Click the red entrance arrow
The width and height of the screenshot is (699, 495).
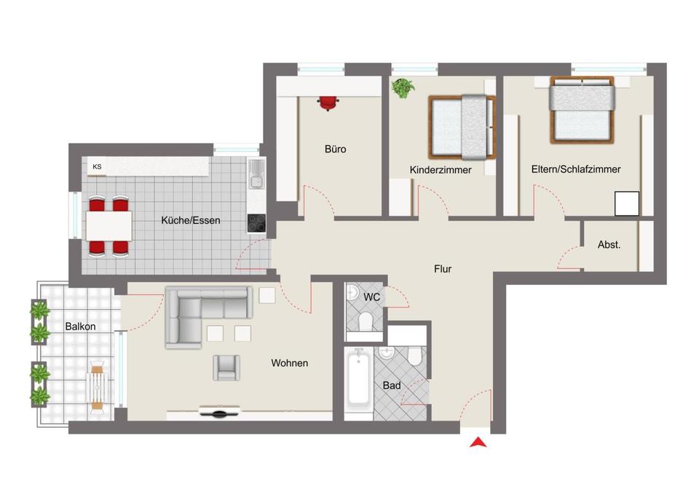478,443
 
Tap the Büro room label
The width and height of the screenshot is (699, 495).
335,149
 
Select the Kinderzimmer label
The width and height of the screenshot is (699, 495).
441,170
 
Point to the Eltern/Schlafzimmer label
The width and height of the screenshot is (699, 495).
576,169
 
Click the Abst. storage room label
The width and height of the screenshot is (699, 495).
609,245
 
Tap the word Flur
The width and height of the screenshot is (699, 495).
443,269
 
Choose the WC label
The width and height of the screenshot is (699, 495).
372,297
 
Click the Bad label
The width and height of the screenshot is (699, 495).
392,385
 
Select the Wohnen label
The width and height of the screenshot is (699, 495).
289,363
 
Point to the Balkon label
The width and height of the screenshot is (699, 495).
80,327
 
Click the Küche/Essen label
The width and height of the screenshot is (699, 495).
191,220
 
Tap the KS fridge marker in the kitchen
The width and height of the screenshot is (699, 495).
97,166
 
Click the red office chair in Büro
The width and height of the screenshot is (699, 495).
328,103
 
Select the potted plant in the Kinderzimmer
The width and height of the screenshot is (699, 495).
403,88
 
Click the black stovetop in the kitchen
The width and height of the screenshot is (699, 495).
256,223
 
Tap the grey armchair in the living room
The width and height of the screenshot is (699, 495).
226,368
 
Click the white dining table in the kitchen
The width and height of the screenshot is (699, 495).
108,226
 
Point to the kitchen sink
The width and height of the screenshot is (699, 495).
256,174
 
